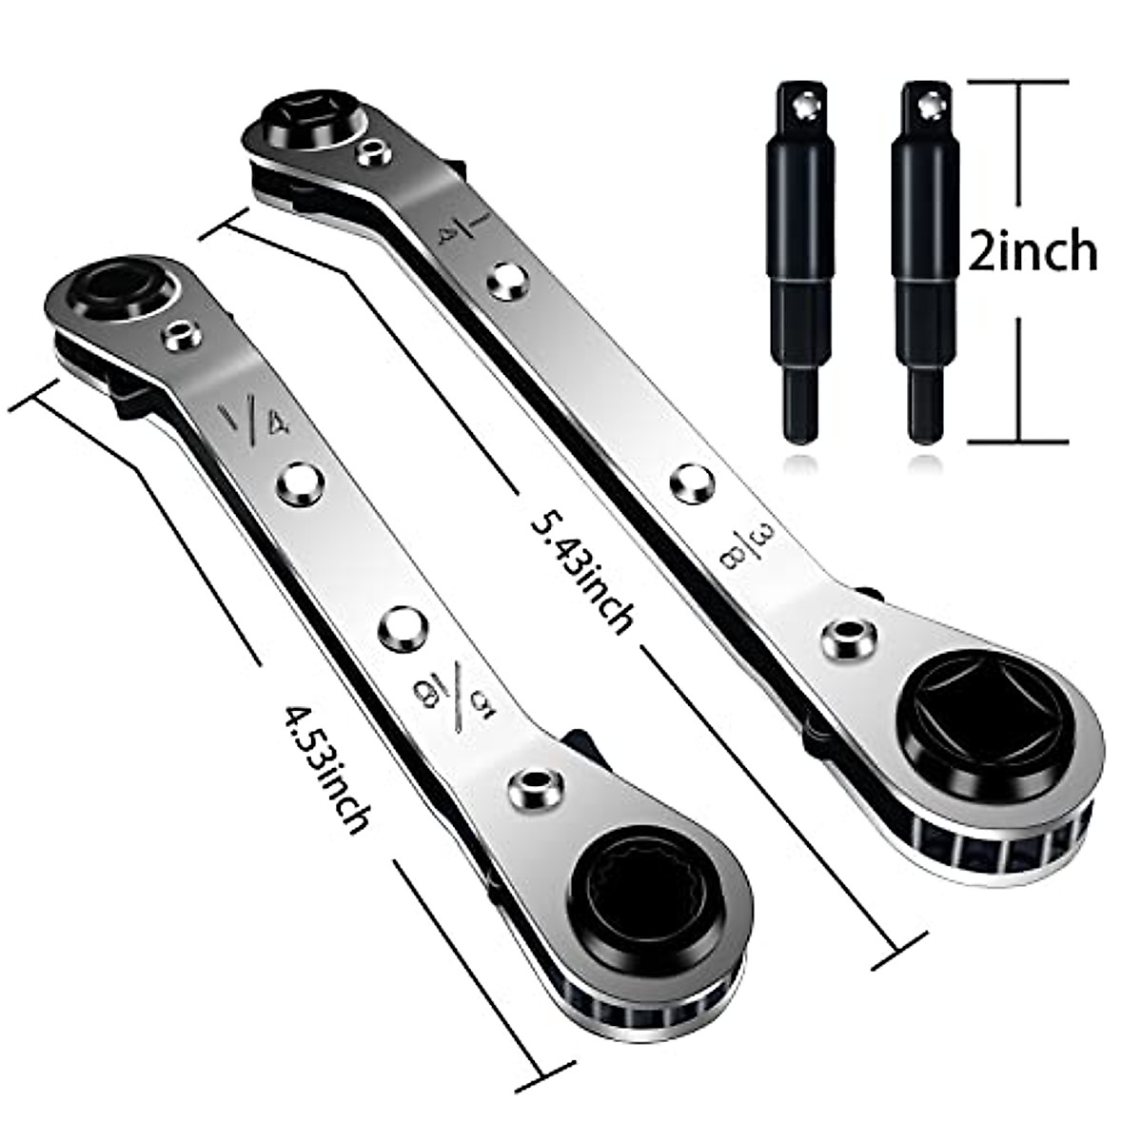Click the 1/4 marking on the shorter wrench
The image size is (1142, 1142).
[x=253, y=419]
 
